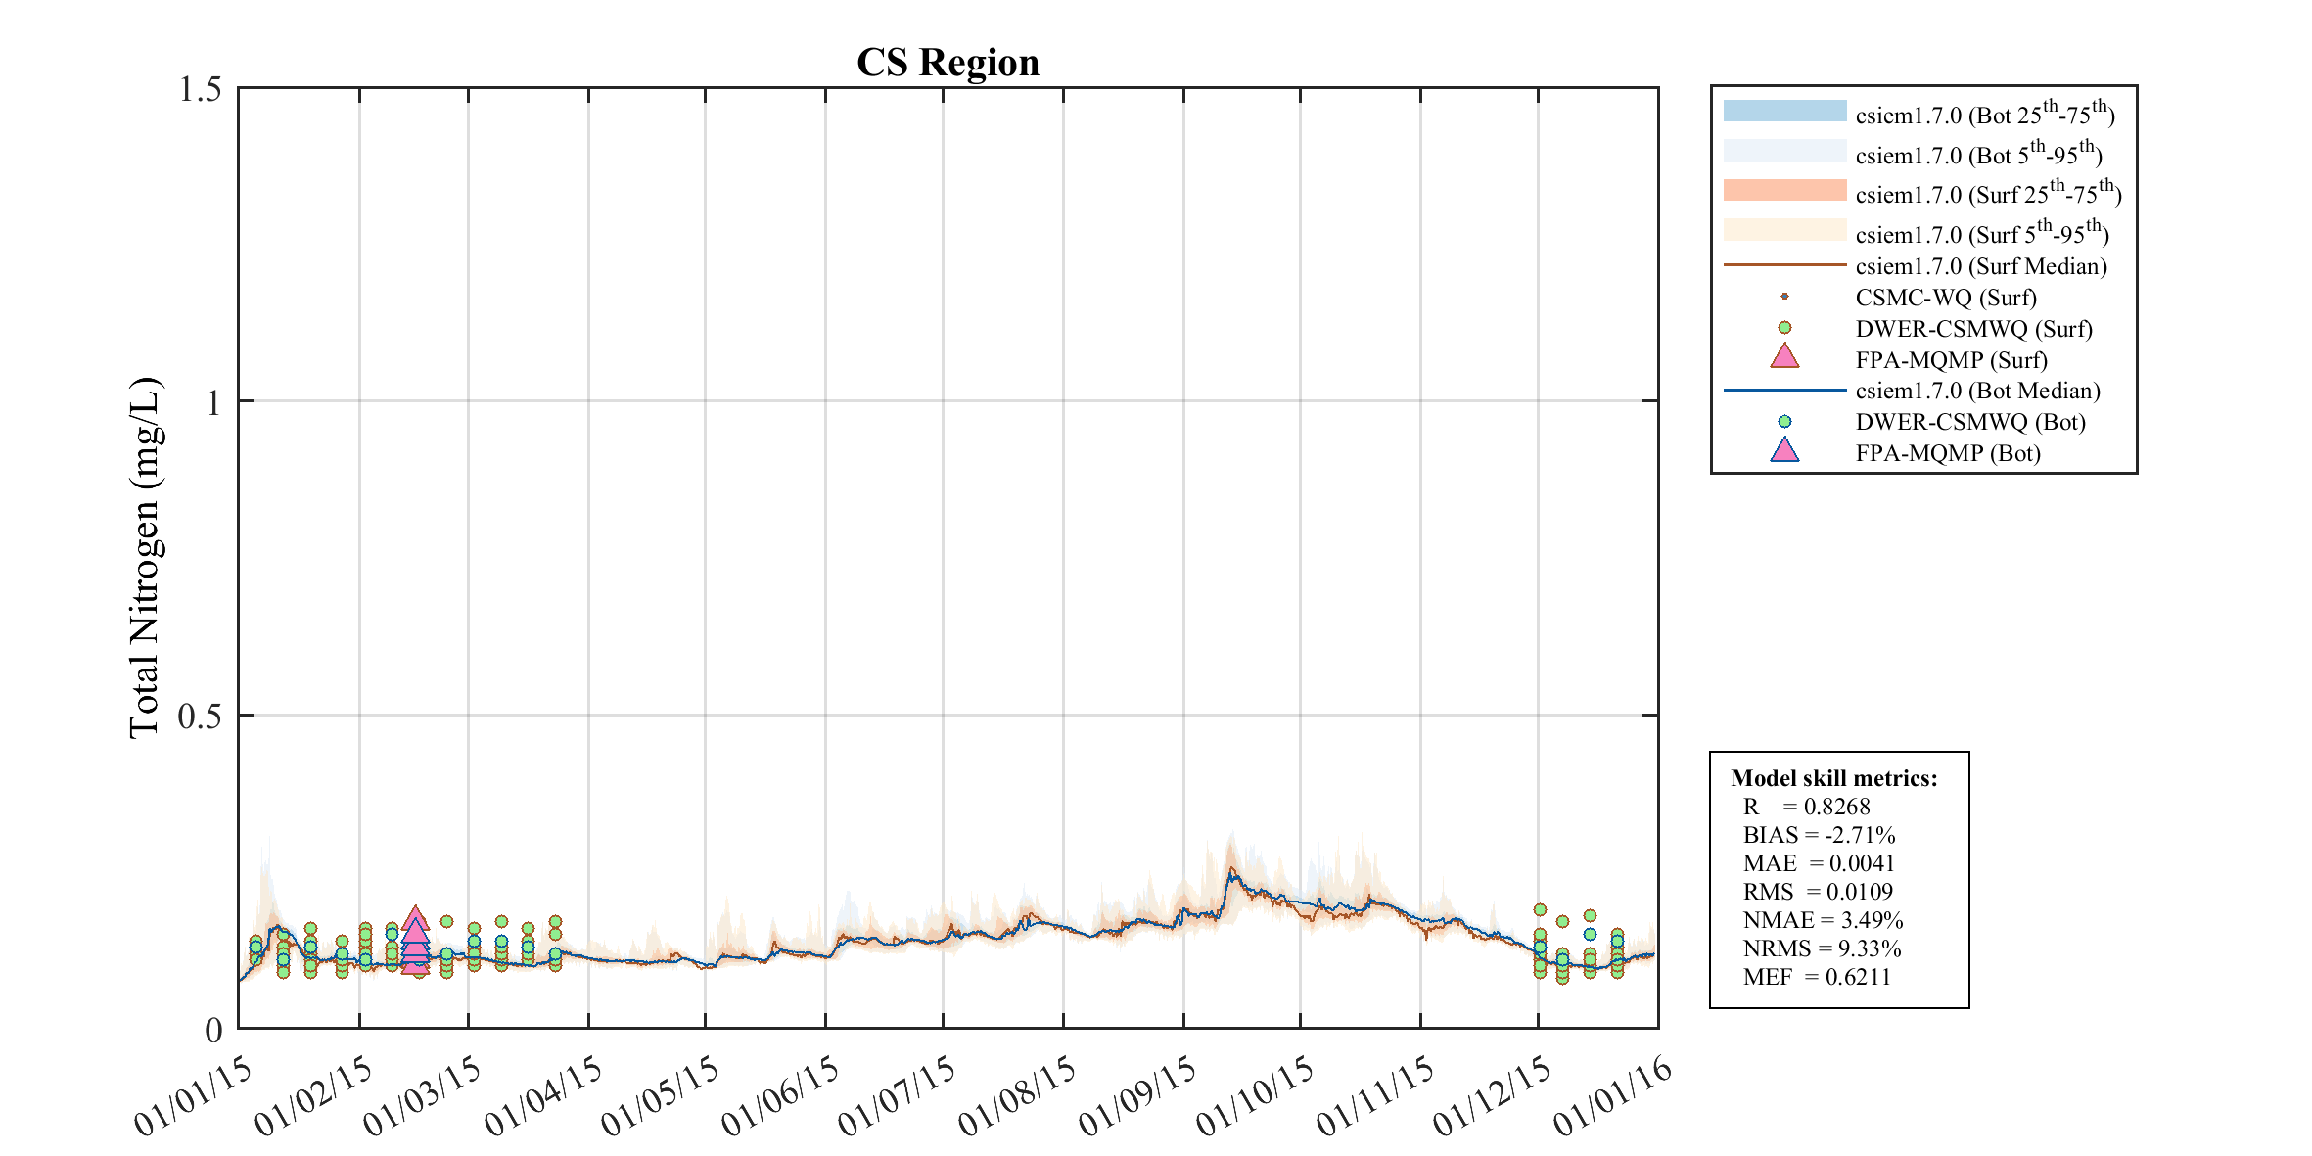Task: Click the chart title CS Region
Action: pyautogui.click(x=948, y=63)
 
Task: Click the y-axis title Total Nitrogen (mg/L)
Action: pyautogui.click(x=145, y=557)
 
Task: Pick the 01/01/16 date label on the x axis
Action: pyautogui.click(x=1614, y=1095)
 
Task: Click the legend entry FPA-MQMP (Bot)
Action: pyautogui.click(x=1947, y=453)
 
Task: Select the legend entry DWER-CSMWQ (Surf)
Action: pyautogui.click(x=1973, y=329)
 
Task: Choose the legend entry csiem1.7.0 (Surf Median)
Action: pyautogui.click(x=1980, y=266)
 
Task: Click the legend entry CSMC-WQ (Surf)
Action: pyautogui.click(x=1945, y=298)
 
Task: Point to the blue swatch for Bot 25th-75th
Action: pyautogui.click(x=1784, y=112)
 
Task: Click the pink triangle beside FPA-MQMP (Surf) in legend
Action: pyautogui.click(x=1784, y=357)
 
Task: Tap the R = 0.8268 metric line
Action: pyautogui.click(x=1806, y=807)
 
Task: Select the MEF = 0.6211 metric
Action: pyautogui.click(x=1817, y=977)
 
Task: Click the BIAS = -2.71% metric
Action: pyautogui.click(x=1819, y=835)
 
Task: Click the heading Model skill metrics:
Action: pyautogui.click(x=1833, y=778)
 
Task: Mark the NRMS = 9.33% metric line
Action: pyautogui.click(x=1822, y=948)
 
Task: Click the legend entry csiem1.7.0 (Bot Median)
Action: pyautogui.click(x=1977, y=391)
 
